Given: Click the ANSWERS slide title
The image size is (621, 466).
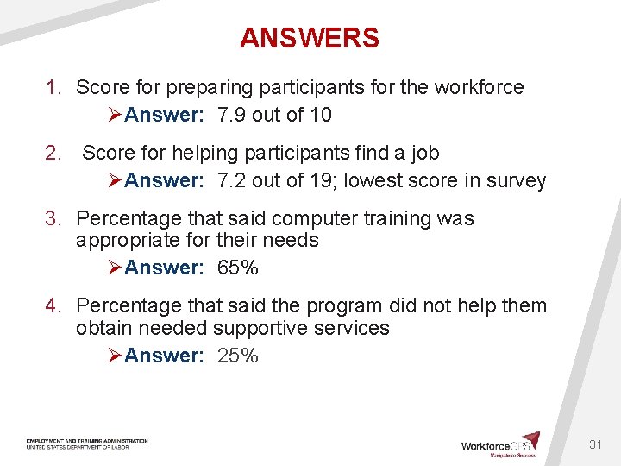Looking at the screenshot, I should click(x=310, y=38).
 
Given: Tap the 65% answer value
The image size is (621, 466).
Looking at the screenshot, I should click(x=238, y=268).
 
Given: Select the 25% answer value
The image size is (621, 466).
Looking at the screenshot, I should click(x=238, y=356).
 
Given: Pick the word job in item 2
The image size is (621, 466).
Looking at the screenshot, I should click(x=423, y=153).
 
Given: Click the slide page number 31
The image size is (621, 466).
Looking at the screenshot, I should click(x=595, y=444).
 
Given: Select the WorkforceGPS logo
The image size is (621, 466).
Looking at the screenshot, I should click(x=500, y=444).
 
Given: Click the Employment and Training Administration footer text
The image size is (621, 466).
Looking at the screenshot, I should click(x=86, y=441).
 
